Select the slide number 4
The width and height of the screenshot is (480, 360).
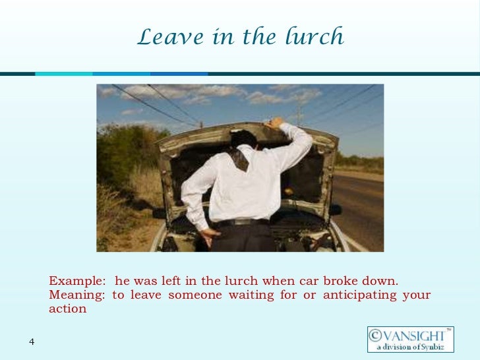pos(32,341)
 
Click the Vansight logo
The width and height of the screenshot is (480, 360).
pos(410,340)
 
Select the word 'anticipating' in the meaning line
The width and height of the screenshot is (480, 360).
pos(361,295)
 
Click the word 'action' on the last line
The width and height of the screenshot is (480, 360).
pos(67,309)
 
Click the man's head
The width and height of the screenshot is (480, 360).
pos(242,140)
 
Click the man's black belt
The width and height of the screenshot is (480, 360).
pos(244,222)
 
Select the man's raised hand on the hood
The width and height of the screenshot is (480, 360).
pos(275,123)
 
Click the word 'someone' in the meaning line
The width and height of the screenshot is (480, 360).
pos(195,295)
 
